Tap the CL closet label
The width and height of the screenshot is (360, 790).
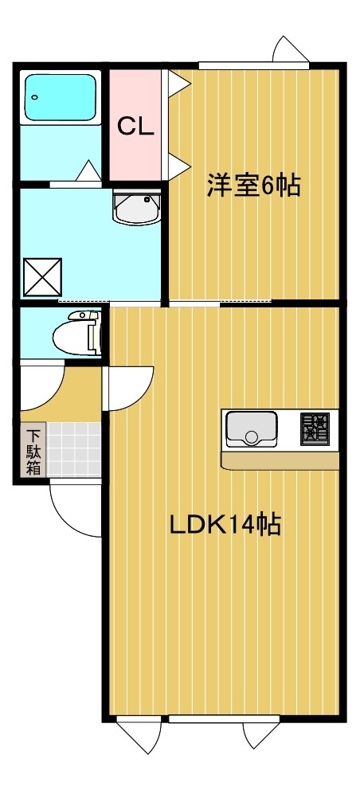pos(135,125)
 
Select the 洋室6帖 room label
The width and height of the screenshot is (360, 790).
pos(253,186)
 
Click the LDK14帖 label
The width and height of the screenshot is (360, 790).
pos(225,525)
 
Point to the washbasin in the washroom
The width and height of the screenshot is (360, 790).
pos(137,209)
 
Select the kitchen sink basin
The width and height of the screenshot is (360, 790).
pos(251,428)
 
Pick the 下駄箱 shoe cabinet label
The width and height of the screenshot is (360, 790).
pos(33,452)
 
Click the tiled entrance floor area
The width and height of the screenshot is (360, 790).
pos(73,450)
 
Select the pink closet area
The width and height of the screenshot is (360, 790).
pos(135,151)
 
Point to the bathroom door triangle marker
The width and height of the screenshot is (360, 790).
pos(88,170)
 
